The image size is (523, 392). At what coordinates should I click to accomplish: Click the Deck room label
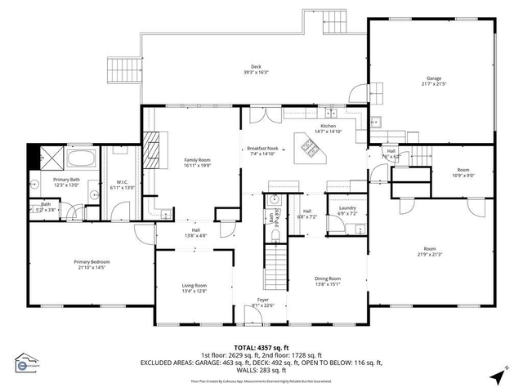(x=256, y=67)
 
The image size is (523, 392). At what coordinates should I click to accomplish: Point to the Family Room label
(x=198, y=159)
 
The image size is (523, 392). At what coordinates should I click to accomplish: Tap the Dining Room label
(x=328, y=278)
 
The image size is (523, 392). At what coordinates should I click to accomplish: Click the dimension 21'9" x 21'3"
(x=430, y=254)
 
